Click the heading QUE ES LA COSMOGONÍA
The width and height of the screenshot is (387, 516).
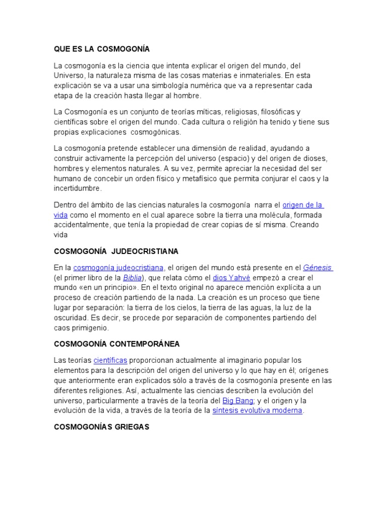pos(102,49)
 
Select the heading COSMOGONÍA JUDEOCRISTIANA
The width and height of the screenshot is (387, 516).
pos(116,251)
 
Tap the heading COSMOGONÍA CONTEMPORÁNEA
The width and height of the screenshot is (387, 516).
pos(116,344)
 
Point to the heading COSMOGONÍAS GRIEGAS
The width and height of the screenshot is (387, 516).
pos(101,426)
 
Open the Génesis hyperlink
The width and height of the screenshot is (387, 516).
pos(317,267)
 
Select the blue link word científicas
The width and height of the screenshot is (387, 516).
pos(110,360)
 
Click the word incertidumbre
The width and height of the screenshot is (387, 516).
pos(78,188)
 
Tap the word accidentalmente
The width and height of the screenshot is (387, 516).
pos(81,225)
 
